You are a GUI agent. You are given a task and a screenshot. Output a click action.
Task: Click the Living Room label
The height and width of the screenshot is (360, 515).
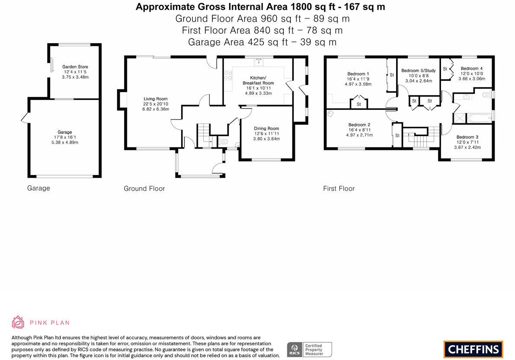click(x=156, y=99)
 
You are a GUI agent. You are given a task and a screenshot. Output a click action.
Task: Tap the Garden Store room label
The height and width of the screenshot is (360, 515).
click(x=75, y=67)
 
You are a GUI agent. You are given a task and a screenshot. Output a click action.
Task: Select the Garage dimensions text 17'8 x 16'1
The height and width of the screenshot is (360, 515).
click(x=65, y=137)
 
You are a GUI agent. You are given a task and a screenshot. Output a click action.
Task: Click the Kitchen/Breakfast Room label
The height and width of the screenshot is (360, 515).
click(x=258, y=80)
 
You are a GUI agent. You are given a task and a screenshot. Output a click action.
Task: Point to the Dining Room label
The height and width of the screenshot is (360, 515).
click(x=266, y=129)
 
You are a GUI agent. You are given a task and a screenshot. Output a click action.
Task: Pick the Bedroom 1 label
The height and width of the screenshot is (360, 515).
click(x=358, y=74)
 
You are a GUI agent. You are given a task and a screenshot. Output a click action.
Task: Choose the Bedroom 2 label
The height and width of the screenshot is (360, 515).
click(x=359, y=125)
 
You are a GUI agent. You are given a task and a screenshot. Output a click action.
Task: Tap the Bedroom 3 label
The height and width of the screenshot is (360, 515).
click(x=467, y=137)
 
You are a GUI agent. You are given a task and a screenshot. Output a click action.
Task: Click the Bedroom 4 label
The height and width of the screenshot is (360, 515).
click(x=472, y=69)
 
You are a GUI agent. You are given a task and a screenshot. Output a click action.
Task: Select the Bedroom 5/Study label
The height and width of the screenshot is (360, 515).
click(x=419, y=70)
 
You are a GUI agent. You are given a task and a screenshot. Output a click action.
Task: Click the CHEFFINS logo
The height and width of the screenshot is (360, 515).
click(x=473, y=349)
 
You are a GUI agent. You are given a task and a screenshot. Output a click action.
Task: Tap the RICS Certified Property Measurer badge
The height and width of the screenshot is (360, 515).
click(x=310, y=350)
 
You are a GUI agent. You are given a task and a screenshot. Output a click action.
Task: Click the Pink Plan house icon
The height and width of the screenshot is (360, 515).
click(x=18, y=322)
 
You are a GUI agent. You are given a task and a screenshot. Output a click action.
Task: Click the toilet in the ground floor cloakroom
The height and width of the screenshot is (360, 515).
click(x=224, y=142)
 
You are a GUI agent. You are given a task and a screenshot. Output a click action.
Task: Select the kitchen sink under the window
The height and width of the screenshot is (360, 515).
click(x=259, y=62)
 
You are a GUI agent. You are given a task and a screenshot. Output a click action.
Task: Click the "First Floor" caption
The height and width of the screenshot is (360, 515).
click(x=339, y=189)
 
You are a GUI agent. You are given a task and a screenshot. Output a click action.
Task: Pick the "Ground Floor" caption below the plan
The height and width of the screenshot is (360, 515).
click(x=144, y=189)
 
